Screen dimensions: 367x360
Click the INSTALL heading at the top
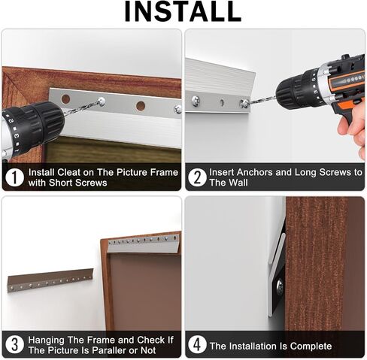click(183, 12)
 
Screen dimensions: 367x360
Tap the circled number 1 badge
click(14, 177)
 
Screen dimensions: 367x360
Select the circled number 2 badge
click(197, 177)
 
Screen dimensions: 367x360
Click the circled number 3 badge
click(14, 345)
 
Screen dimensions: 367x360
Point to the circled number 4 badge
click(197, 345)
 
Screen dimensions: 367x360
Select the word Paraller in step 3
click(108, 350)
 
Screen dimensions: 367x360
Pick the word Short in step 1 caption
click(60, 183)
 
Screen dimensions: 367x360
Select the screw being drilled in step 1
click(102, 101)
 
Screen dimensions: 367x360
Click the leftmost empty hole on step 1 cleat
click(65, 99)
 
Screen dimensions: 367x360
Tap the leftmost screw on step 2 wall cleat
click(196, 101)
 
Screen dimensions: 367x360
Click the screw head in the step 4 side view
click(281, 286)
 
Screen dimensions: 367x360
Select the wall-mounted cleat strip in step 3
click(50, 280)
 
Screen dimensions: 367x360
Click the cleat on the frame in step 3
click(144, 243)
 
